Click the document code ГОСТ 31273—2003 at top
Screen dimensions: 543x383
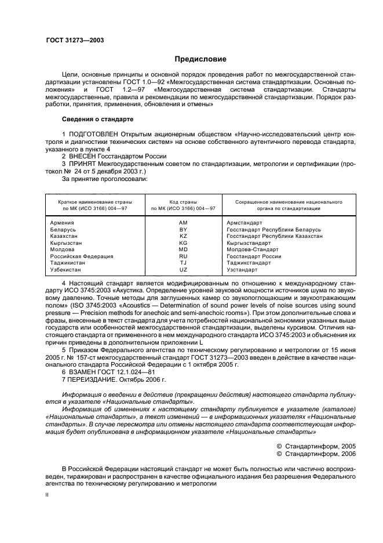74,41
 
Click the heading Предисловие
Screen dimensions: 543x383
200,59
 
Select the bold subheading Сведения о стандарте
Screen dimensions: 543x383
97,119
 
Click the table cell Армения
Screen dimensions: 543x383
63,223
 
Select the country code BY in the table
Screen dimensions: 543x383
183,230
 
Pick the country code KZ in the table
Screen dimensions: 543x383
183,236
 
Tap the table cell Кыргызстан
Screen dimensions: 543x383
66,243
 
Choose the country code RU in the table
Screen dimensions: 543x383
183,256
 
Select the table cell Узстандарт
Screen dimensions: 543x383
242,270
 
